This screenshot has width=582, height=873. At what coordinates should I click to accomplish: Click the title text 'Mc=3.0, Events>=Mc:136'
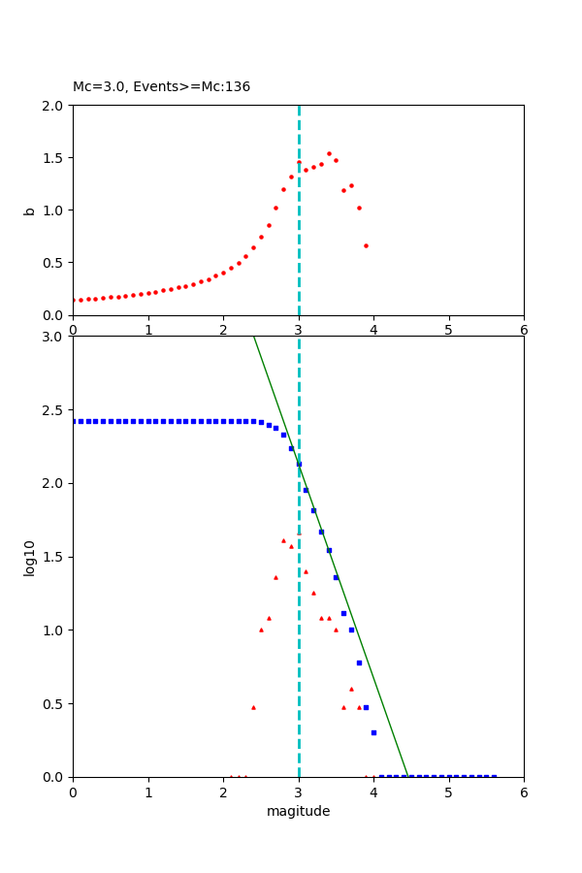tap(161, 86)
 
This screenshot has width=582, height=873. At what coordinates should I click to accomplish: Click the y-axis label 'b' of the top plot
tap(29, 210)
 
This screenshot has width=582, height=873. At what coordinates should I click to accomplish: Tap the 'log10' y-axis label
tap(29, 557)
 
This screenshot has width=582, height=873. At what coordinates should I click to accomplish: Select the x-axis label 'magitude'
tap(298, 811)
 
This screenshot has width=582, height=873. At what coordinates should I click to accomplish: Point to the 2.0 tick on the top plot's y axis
tap(53, 105)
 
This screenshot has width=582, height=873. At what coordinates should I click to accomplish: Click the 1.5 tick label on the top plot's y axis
tap(53, 157)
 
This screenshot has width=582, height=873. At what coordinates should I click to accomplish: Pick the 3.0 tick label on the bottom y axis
tap(53, 337)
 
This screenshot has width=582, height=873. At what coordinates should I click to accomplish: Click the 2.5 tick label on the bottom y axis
tap(53, 409)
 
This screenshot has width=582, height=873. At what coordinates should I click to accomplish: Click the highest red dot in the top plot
tap(329, 153)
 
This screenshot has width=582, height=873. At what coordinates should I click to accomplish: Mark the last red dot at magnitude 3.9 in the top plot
tap(366, 245)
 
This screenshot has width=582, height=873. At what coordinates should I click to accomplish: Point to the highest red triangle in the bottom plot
tap(299, 532)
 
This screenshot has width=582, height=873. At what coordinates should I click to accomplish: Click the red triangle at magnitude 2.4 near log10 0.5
tap(253, 707)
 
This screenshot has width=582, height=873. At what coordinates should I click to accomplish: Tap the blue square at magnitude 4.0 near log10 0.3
tap(373, 732)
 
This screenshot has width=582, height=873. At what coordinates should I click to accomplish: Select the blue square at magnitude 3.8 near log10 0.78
tap(359, 663)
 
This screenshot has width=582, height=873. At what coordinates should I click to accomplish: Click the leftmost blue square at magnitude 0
tap(74, 421)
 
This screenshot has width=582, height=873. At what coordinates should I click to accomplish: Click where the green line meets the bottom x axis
tap(407, 776)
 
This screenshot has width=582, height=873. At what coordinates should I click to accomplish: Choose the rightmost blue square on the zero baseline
tap(494, 776)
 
